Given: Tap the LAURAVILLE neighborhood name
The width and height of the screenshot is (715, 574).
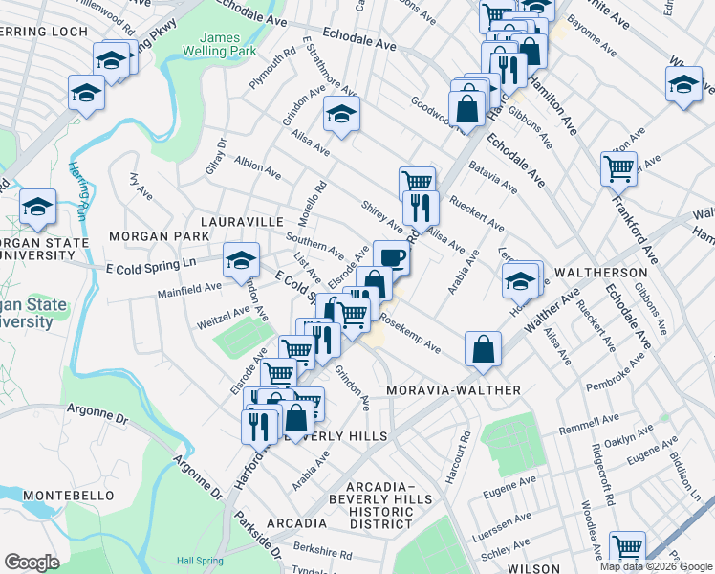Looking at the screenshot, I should (241, 221).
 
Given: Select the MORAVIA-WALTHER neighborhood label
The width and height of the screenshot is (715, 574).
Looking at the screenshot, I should (453, 390).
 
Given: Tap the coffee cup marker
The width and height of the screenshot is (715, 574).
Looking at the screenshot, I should (391, 256).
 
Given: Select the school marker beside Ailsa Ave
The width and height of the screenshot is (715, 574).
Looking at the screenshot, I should (340, 114).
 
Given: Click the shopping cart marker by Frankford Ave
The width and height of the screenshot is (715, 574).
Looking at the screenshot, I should (618, 168).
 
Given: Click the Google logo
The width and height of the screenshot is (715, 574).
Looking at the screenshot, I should (32, 562).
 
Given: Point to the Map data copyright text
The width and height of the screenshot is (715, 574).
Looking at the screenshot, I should (655, 566).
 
